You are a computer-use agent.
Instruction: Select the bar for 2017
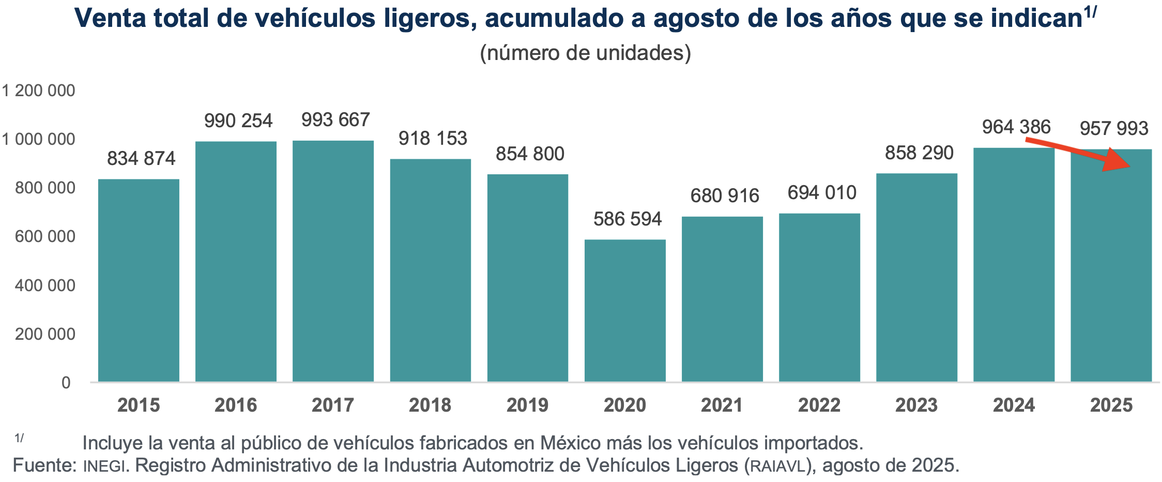[333, 261]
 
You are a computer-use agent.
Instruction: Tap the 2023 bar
[916, 278]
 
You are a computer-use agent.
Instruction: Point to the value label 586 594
[627, 219]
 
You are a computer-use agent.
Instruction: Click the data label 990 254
[238, 121]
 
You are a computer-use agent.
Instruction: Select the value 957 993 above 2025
[1114, 129]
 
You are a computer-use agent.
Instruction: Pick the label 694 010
[822, 193]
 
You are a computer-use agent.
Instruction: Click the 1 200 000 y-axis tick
[39, 91]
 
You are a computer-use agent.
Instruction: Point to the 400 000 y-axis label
[45, 285]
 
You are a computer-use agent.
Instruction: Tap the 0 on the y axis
[66, 383]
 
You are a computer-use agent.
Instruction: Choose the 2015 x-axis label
[139, 405]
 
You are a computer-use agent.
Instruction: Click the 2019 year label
[527, 405]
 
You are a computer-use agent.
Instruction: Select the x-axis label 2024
[1014, 405]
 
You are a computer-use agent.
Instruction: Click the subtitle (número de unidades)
[585, 53]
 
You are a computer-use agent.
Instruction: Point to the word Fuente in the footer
[44, 465]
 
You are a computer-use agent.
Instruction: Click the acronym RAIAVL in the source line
[777, 466]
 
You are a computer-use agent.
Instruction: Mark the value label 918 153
[433, 139]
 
